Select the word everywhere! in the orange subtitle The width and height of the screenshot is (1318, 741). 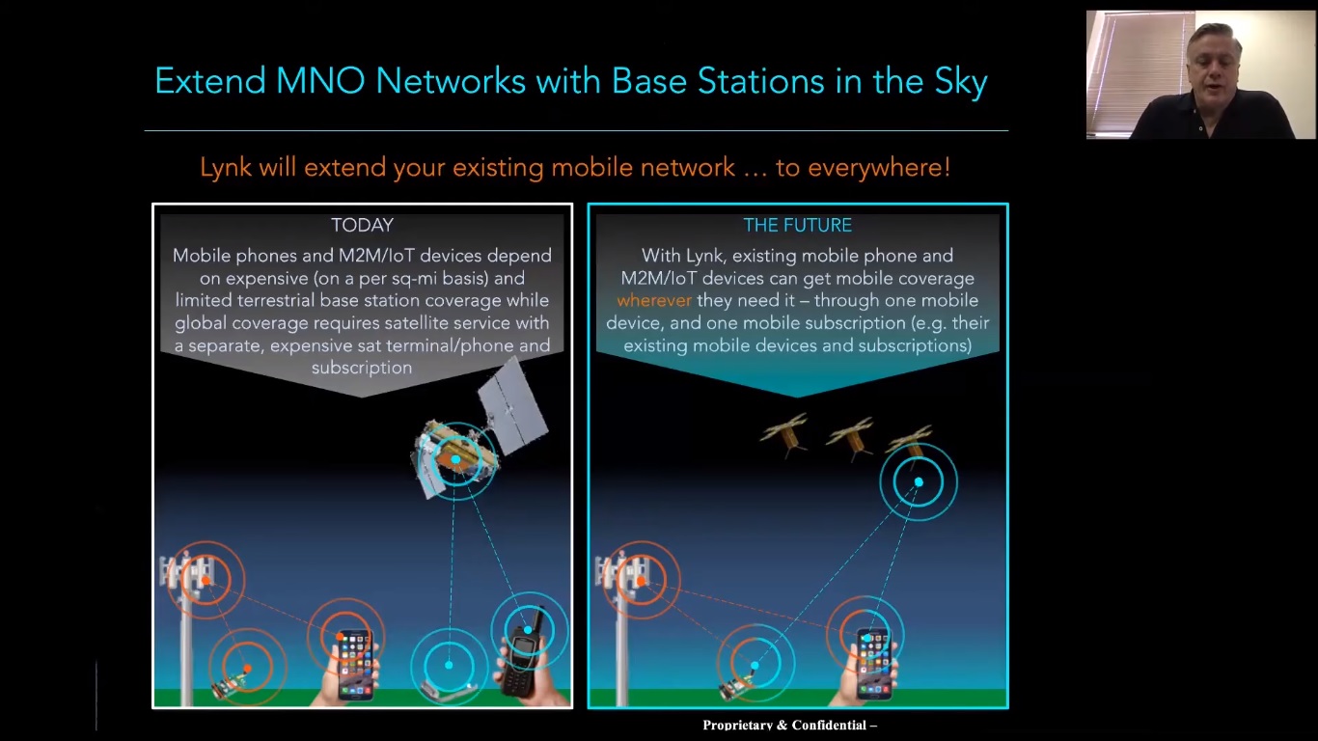(x=879, y=168)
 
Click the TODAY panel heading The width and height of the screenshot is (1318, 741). (x=362, y=225)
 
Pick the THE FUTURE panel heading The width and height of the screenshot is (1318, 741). (x=797, y=225)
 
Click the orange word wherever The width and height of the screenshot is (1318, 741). (x=654, y=300)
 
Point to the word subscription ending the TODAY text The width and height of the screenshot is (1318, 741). (x=362, y=368)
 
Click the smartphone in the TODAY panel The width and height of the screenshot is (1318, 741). (x=354, y=664)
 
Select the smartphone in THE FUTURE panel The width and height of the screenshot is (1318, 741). (x=874, y=664)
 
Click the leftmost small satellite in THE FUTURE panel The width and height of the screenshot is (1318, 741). (x=785, y=434)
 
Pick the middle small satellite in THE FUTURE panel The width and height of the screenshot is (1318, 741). (x=850, y=436)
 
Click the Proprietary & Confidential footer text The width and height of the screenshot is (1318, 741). (x=789, y=726)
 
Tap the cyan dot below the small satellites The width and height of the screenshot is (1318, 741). (x=919, y=481)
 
